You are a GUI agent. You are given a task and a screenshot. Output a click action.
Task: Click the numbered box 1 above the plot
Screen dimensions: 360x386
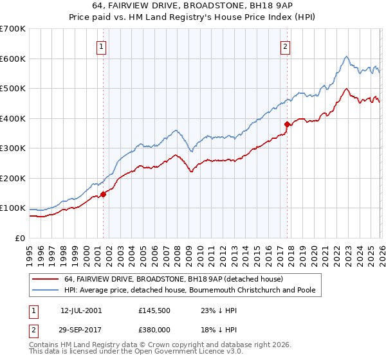tap(102, 46)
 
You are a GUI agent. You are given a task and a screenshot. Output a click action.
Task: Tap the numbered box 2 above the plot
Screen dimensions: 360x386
tap(285, 46)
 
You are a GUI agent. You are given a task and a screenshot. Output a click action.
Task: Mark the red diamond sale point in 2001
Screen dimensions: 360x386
tap(103, 194)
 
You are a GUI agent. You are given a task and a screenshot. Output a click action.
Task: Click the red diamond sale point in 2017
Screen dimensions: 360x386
tap(287, 124)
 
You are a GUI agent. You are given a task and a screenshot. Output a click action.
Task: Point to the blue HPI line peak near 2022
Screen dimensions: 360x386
tap(346, 57)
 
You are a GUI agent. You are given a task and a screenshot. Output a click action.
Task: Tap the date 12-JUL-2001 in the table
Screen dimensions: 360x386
tap(81, 310)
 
